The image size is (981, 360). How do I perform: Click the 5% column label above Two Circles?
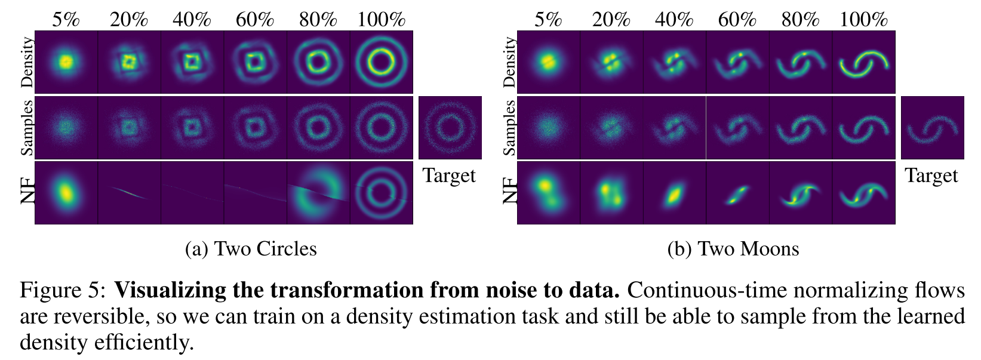pyautogui.click(x=66, y=19)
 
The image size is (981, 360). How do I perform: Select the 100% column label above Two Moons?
pyautogui.click(x=863, y=19)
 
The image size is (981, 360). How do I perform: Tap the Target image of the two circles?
pyautogui.click(x=450, y=128)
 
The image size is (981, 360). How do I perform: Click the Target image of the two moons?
pyautogui.click(x=932, y=128)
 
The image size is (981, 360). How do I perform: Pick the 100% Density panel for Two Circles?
pyautogui.click(x=382, y=62)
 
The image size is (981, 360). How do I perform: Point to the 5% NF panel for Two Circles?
pyautogui.click(x=66, y=193)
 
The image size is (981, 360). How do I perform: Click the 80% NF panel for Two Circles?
pyautogui.click(x=318, y=193)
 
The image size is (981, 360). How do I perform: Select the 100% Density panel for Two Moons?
pyautogui.click(x=863, y=62)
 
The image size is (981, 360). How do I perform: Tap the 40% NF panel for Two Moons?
pyautogui.click(x=674, y=193)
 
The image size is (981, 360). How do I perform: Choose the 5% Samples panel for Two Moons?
pyautogui.click(x=548, y=128)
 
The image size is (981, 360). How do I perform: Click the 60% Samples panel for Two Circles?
pyautogui.click(x=256, y=128)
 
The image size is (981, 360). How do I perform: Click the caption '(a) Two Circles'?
pyautogui.click(x=251, y=248)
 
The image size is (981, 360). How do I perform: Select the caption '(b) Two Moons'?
pyautogui.click(x=733, y=248)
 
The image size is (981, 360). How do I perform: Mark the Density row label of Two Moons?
pyautogui.click(x=509, y=62)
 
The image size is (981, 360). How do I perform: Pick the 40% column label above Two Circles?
pyautogui.click(x=192, y=19)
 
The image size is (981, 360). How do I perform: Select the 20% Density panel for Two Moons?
pyautogui.click(x=611, y=62)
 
